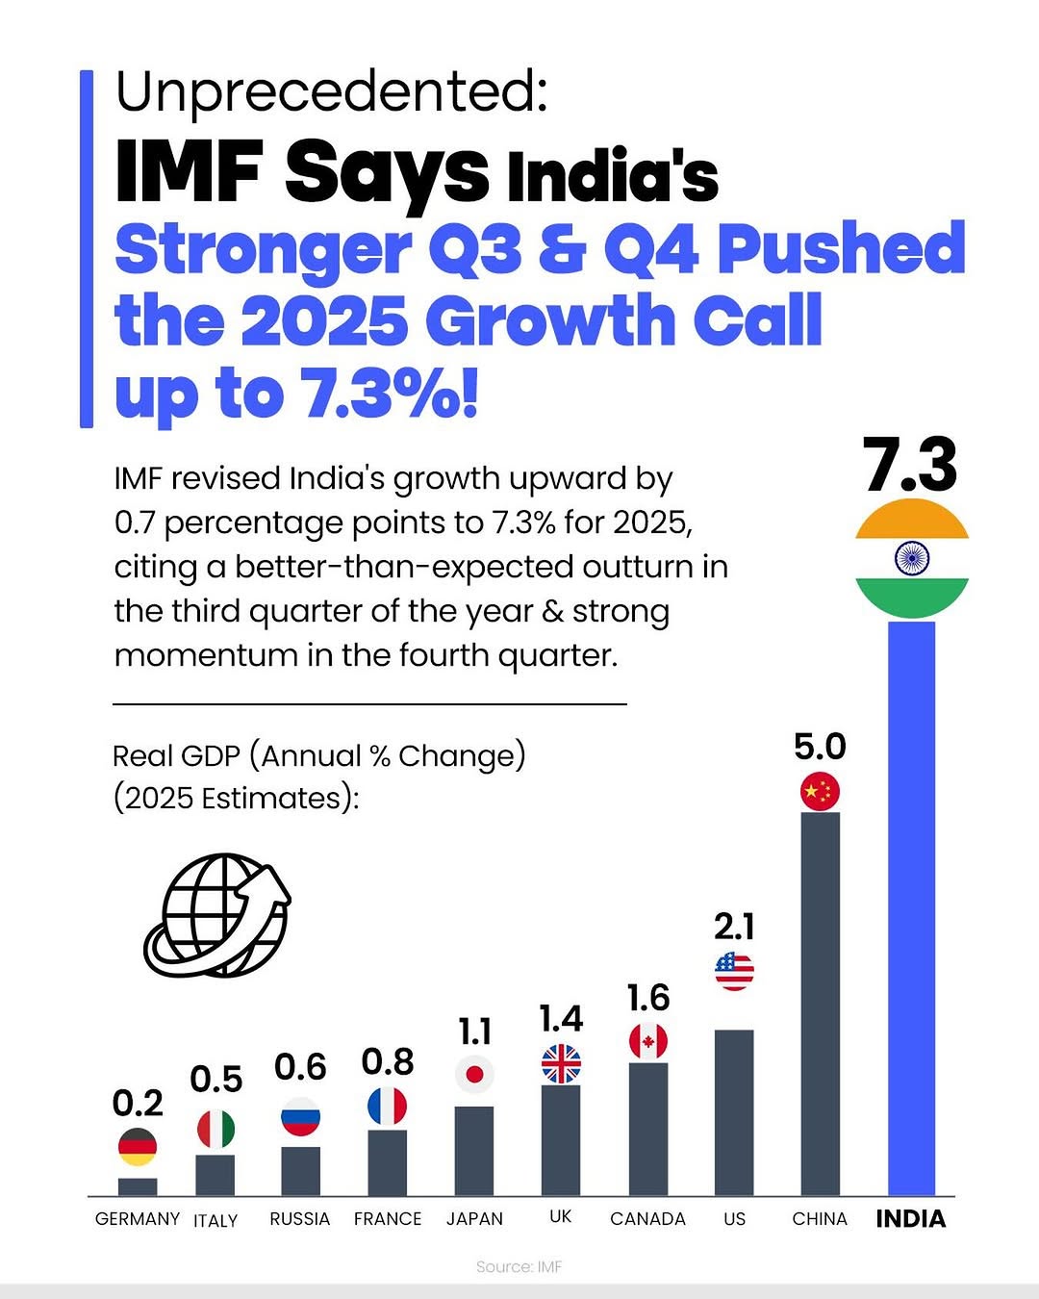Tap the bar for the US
coord(734,1111)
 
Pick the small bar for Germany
coord(138,1186)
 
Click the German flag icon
coord(138,1146)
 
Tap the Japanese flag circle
coord(474,1074)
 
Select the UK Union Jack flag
coord(561,1064)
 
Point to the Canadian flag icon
coord(647,1041)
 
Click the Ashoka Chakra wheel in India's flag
coord(911,558)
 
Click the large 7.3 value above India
coord(910,466)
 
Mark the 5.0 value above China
coord(820,747)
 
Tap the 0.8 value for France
coord(388,1062)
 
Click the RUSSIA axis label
coord(299,1219)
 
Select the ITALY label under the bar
coord(215,1220)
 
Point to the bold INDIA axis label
coord(910,1219)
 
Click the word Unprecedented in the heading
coord(331,91)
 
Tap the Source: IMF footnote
coord(519,1266)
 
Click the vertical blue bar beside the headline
coord(87,248)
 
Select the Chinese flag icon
coord(820,792)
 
